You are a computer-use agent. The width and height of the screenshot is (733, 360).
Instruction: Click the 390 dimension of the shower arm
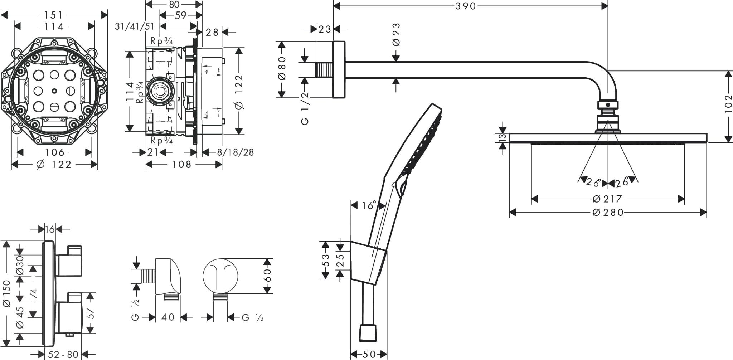coord(466,6)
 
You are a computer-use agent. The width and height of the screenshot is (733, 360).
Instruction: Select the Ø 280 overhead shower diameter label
coord(608,213)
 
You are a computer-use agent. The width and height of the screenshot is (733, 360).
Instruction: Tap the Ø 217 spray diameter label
coord(607,199)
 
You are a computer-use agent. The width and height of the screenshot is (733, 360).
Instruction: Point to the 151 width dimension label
coord(54,15)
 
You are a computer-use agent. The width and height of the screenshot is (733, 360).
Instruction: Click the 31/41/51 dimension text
coord(134,26)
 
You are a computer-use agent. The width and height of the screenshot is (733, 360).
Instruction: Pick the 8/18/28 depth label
coord(236,152)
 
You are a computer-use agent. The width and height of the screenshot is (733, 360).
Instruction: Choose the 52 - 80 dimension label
coord(63,355)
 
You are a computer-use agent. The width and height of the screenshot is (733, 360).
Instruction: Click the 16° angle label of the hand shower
coord(368,205)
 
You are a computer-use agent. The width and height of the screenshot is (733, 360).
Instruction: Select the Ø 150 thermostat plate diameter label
coord(6,293)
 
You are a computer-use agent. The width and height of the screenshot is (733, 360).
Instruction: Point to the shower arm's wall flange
coord(339,70)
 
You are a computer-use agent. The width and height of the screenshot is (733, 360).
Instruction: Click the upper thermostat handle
coord(70,261)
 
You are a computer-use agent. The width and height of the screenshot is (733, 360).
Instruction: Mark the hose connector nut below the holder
coord(368,333)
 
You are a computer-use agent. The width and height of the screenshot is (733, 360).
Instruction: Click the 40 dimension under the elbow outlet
coord(168,317)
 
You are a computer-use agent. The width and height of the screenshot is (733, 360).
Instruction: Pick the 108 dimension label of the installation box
coord(182,164)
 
